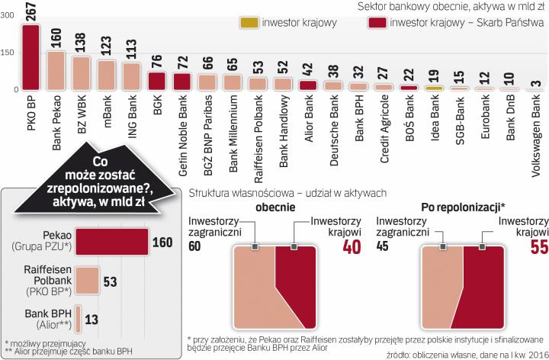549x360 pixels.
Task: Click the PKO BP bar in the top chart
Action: click(30, 57)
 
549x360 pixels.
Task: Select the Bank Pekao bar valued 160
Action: click(56, 70)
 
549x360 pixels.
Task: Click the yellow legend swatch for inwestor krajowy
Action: click(251, 22)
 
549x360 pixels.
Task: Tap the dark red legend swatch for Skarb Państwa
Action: click(375, 22)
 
